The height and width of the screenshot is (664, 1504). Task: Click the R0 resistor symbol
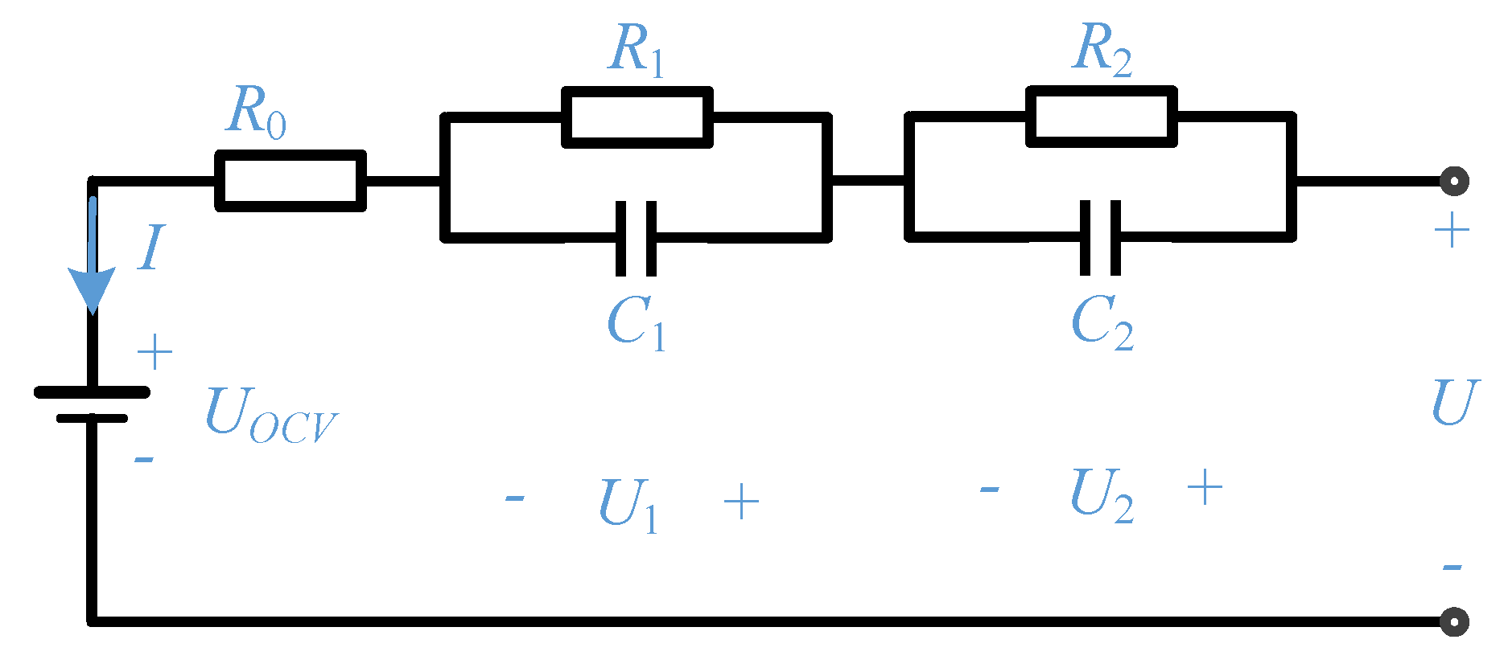290,181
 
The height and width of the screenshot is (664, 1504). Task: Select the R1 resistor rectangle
637,117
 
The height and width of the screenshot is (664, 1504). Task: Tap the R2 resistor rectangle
1101,117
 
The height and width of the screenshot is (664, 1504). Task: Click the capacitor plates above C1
636,239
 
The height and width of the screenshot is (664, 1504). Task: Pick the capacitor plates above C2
1100,238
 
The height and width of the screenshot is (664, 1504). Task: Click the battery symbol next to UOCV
92,404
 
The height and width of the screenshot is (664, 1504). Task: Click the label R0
256,112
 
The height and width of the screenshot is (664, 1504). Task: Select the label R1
637,50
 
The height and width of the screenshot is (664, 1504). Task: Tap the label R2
1102,49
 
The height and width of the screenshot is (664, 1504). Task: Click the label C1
636,322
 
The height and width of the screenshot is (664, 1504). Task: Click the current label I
151,248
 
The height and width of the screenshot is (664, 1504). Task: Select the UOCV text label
270,415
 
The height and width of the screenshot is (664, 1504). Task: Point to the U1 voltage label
628,504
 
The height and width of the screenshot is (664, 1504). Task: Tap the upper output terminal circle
1453,181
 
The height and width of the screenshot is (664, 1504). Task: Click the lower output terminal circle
1453,621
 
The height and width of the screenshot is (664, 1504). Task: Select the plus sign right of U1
741,503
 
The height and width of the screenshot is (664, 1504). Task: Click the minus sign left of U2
989,489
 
